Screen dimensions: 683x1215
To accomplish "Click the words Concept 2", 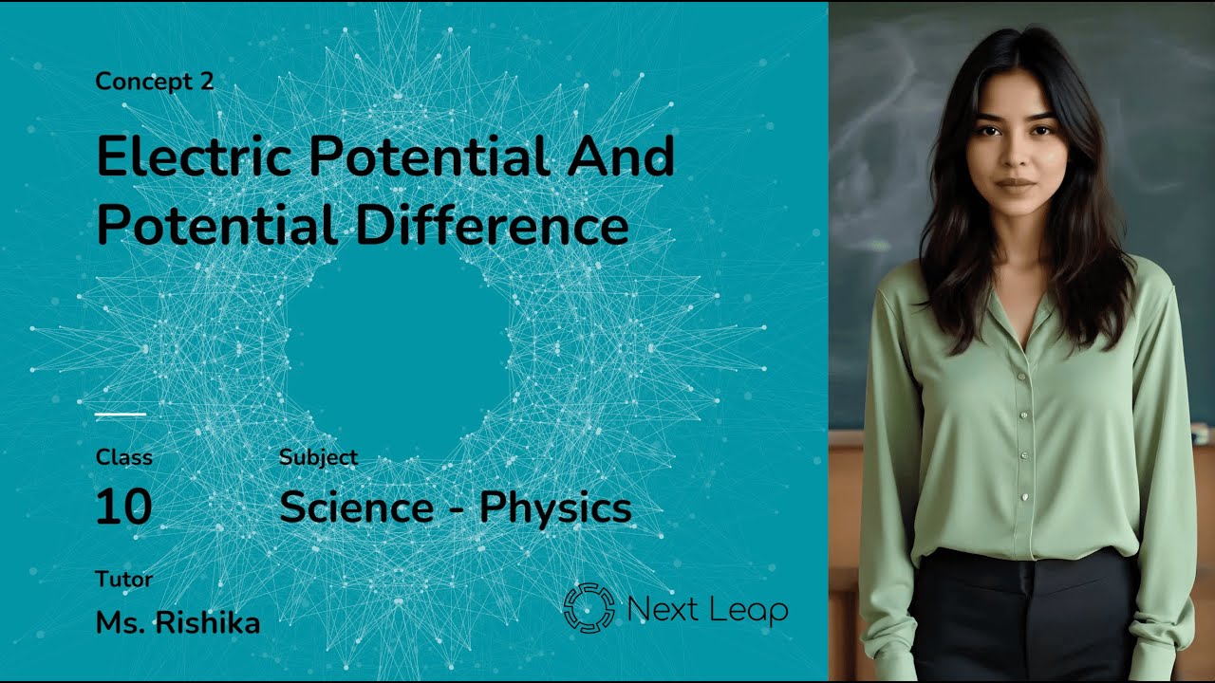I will click(x=155, y=82).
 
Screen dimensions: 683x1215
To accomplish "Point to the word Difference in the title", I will click(x=493, y=226).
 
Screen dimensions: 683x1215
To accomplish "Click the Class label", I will click(x=123, y=457).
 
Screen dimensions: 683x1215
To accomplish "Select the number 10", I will click(x=123, y=508).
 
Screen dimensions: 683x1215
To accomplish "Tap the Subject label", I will click(x=318, y=457).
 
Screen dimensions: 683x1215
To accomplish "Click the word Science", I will click(x=356, y=508).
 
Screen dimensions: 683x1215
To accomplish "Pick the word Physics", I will click(x=555, y=508).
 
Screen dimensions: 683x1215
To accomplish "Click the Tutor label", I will click(x=123, y=579).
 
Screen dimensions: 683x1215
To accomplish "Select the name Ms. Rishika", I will click(x=178, y=622).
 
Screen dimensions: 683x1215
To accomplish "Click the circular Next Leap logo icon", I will click(x=589, y=608).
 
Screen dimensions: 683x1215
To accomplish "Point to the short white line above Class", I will click(x=121, y=415).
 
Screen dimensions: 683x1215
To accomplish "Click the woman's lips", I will click(x=1016, y=184).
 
